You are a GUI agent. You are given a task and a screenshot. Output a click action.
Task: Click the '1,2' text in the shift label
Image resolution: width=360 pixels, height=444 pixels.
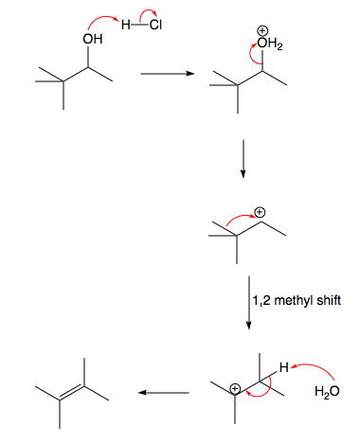tap(261, 301)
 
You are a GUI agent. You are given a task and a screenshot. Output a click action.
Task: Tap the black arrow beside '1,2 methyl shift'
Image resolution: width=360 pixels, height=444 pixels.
tap(247, 301)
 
